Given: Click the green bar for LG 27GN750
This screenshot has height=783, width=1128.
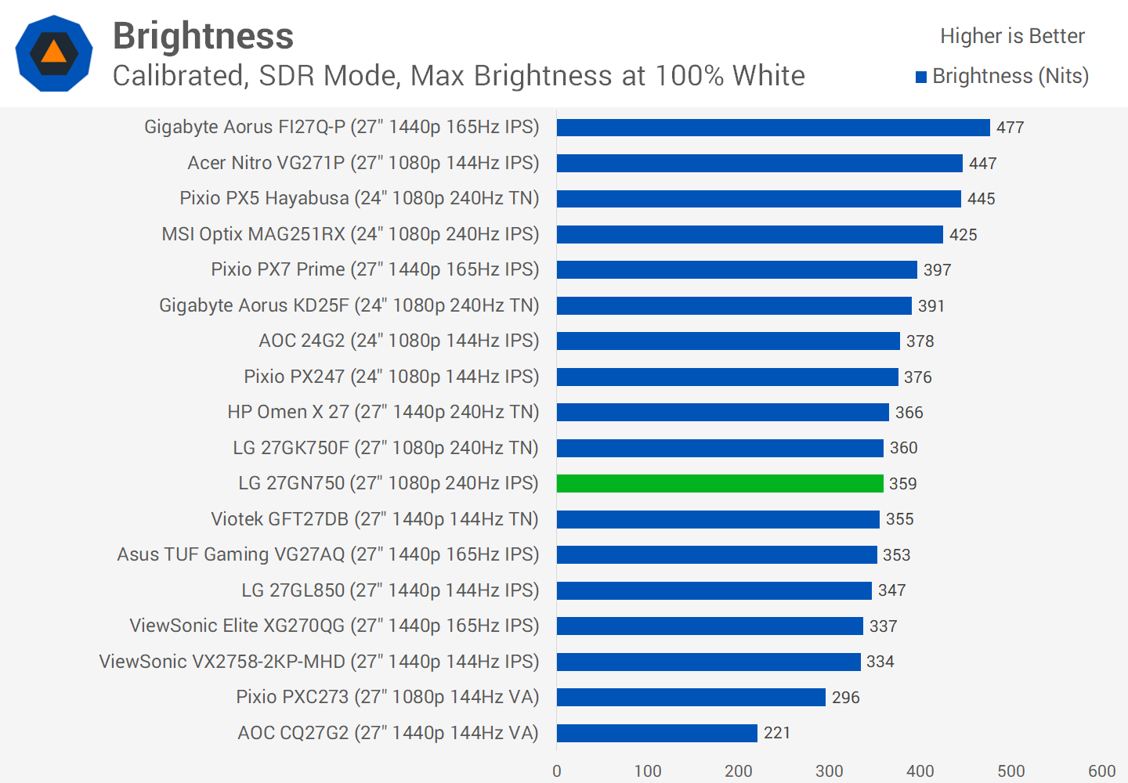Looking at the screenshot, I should (719, 484).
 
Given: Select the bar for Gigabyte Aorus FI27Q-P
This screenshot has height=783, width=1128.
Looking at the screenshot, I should (772, 128).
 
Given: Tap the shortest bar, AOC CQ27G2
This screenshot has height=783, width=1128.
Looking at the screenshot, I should (656, 733).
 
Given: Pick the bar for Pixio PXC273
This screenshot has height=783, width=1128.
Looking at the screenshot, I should (691, 697).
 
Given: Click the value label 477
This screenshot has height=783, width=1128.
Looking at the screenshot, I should (1010, 128).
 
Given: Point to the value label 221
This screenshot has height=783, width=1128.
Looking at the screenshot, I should (776, 733).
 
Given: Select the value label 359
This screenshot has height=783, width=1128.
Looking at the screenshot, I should (902, 484).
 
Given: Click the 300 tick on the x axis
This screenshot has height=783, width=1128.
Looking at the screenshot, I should (829, 770).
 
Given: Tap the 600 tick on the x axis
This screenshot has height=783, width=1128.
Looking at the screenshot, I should (1101, 770).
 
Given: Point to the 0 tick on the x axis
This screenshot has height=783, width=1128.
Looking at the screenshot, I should (557, 770).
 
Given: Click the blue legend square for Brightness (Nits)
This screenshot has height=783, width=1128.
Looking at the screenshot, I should (921, 77).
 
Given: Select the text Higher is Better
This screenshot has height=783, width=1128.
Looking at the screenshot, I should (1012, 36).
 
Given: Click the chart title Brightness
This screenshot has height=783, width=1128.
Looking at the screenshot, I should (203, 36).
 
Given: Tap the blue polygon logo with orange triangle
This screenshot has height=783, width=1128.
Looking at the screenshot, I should (54, 53).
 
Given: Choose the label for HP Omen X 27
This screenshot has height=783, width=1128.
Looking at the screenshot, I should (383, 412).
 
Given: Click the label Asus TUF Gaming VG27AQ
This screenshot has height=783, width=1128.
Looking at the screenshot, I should (327, 554).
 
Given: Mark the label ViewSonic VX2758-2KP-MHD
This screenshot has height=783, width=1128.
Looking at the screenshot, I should (319, 662).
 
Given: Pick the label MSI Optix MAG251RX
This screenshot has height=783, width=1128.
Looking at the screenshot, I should (350, 234).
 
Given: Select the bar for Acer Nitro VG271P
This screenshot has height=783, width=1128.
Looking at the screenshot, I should (759, 163).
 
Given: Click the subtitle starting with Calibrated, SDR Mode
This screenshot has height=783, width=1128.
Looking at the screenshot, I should (458, 76).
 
